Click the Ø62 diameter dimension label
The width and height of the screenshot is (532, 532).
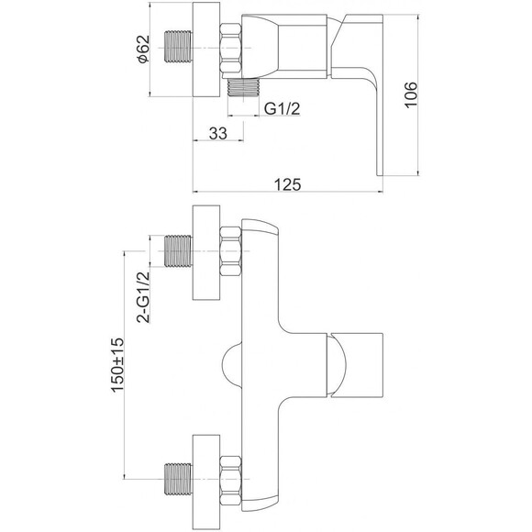point(143,49)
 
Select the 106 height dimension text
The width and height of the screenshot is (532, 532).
point(411,94)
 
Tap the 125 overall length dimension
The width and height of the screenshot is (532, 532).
point(287,184)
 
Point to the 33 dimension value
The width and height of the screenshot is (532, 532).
point(218,133)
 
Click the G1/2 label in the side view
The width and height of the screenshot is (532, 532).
point(283,109)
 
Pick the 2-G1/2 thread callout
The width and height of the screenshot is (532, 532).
point(143,297)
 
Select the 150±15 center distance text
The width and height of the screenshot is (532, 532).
point(117,365)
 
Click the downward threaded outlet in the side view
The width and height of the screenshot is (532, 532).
point(243,87)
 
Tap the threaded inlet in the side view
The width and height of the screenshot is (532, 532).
point(178,47)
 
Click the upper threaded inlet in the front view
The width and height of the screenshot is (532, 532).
point(178,251)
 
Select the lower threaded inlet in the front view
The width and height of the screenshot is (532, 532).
point(178,479)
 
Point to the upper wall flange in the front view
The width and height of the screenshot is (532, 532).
point(206,252)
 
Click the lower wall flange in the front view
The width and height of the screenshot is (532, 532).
point(206,482)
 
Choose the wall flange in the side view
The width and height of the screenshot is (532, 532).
point(206,50)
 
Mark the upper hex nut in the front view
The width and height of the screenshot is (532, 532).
point(231,251)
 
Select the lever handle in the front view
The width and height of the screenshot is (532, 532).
point(355,365)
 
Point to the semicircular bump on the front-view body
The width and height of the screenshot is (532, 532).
point(232,366)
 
